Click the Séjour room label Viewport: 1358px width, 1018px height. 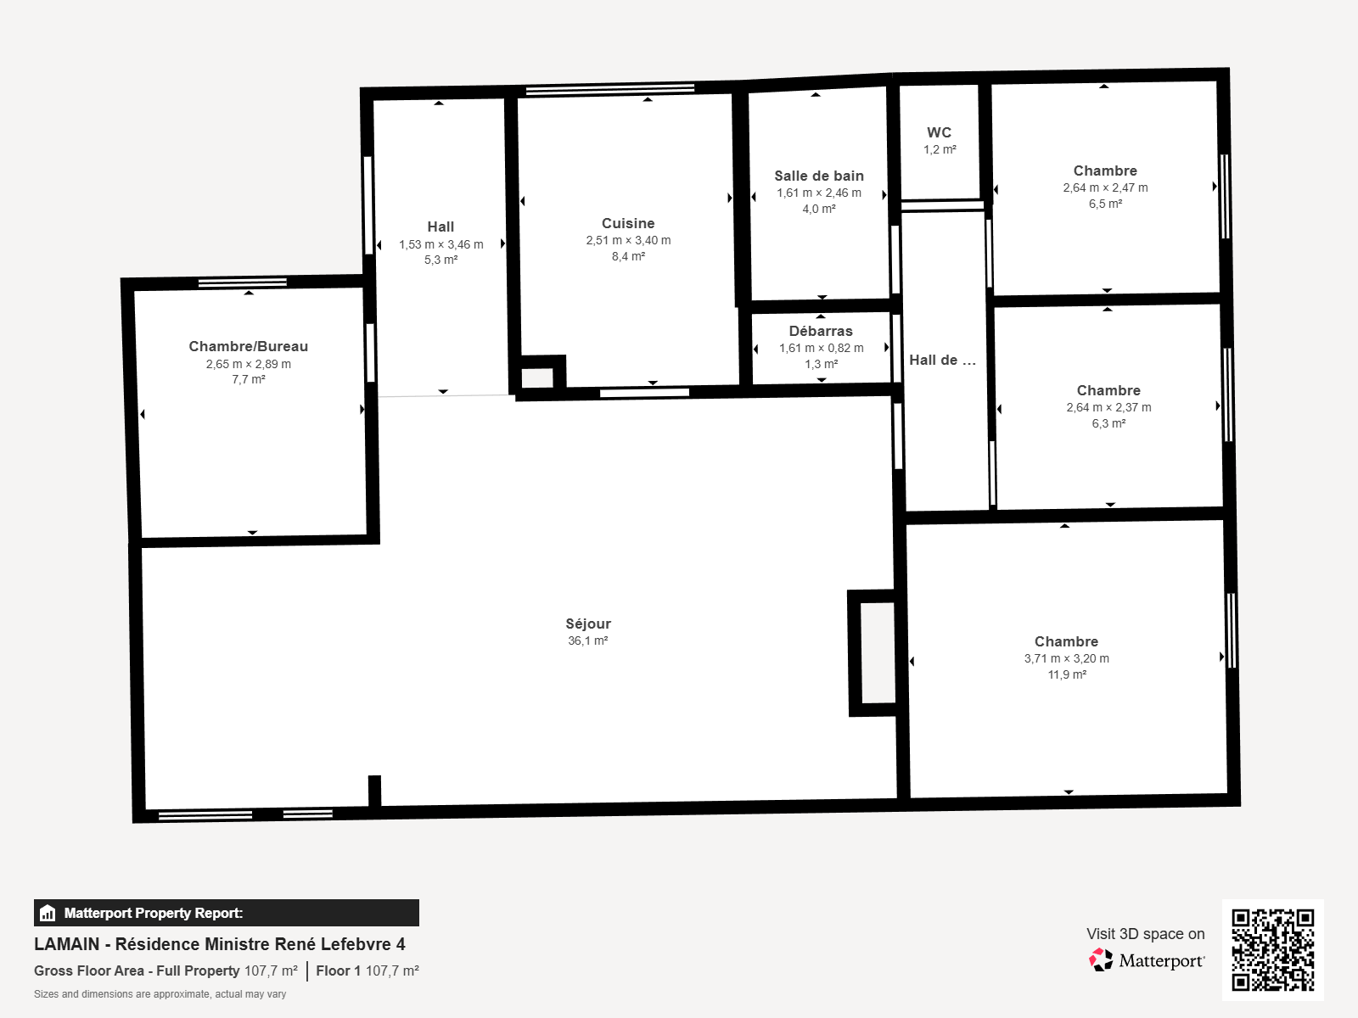(587, 624)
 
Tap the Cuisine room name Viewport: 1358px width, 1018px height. (628, 223)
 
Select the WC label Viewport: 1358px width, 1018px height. (940, 132)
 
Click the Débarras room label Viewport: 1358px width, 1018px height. (821, 332)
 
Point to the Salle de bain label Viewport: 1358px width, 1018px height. (819, 176)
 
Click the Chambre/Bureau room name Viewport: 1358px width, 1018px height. (248, 346)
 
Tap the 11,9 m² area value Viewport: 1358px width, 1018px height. (1067, 674)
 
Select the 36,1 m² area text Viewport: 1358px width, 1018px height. (587, 641)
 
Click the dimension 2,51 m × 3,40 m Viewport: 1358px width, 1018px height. (629, 240)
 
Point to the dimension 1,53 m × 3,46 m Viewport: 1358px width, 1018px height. (441, 244)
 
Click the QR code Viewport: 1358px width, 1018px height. (1272, 949)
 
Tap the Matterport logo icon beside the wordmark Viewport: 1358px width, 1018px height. (1101, 960)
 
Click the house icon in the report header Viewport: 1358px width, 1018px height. (48, 913)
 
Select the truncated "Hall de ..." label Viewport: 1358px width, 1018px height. (942, 361)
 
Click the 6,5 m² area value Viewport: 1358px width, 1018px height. (1106, 204)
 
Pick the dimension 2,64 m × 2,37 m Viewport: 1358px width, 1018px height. (1108, 407)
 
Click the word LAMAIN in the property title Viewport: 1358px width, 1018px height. (67, 944)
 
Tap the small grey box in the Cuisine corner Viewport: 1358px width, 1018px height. (537, 378)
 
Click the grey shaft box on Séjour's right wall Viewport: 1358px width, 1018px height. (878, 652)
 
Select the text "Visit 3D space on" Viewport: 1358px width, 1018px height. (1145, 934)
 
